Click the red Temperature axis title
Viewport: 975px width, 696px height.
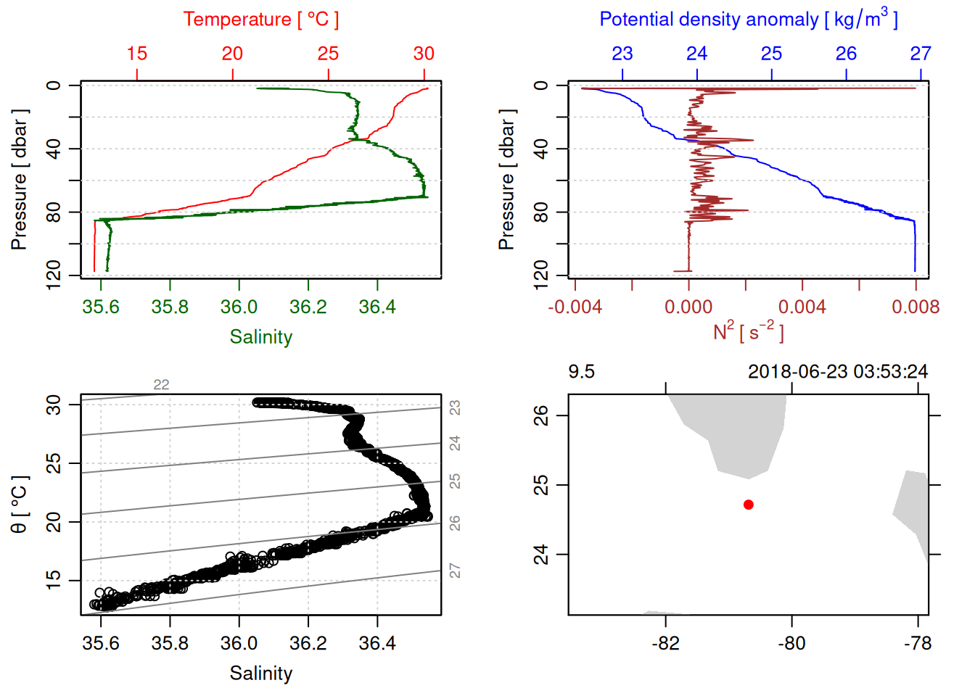pos(260,20)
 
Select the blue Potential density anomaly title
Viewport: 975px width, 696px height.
pos(748,20)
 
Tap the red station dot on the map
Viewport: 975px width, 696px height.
pos(749,505)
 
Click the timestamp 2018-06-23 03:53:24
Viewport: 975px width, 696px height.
pos(837,372)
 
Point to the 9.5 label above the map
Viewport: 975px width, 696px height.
pos(581,372)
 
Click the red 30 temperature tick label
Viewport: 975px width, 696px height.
pos(424,54)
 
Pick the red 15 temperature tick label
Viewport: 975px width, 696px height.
pos(136,54)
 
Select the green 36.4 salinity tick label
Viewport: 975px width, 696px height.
pos(377,307)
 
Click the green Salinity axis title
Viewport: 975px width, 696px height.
pos(260,337)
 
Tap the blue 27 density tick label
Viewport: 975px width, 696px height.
pos(921,54)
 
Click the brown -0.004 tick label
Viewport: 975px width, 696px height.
pos(575,307)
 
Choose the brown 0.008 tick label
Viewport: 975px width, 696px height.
pos(916,307)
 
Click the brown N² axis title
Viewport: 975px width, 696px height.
pos(748,332)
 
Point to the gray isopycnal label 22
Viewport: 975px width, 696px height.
pos(161,385)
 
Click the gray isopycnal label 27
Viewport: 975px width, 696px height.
pos(455,571)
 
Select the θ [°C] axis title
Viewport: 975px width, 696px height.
pos(20,505)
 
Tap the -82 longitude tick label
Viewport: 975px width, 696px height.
pos(665,644)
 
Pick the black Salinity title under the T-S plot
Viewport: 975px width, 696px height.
pos(260,674)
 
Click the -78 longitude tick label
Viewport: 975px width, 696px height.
pos(918,644)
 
